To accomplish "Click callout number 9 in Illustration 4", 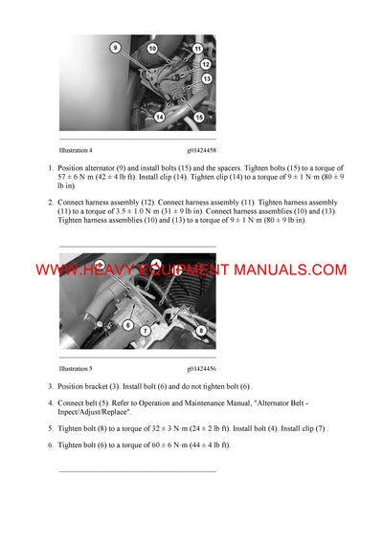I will click(115, 47).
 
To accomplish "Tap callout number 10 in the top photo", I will click(151, 48).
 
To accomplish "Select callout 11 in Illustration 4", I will click(197, 48).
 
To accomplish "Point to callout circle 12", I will click(205, 63).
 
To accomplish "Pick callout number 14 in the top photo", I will click(160, 116).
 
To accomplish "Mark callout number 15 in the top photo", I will click(198, 116).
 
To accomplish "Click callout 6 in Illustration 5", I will click(127, 326).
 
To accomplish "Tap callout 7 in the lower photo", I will click(146, 331).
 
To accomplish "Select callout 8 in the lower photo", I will click(199, 331).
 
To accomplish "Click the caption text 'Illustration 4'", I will click(77, 150).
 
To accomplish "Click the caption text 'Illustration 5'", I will click(77, 367).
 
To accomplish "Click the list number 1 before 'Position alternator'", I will click(50, 168).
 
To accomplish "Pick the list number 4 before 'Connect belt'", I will click(50, 402).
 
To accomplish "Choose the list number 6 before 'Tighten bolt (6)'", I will click(50, 445).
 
